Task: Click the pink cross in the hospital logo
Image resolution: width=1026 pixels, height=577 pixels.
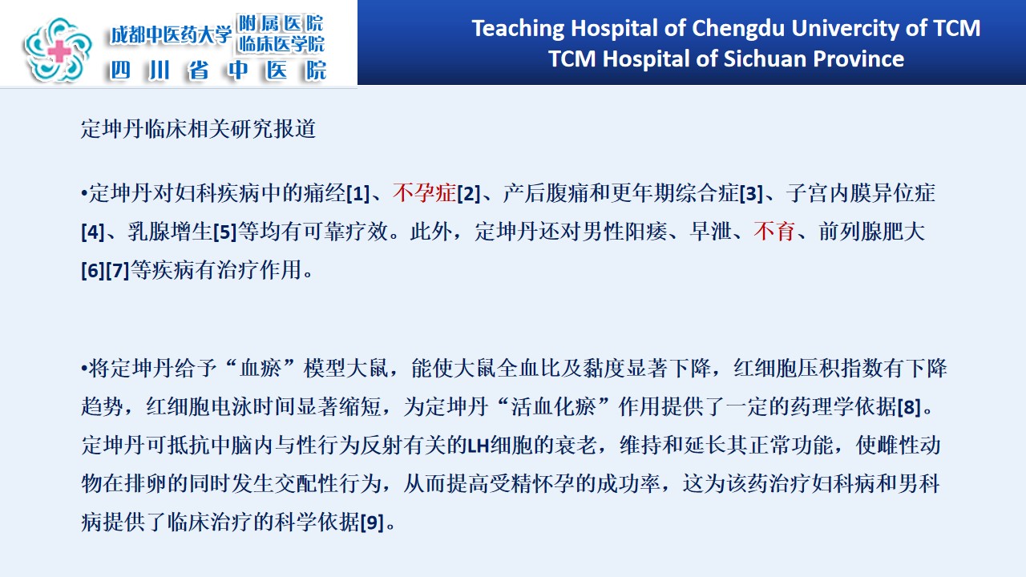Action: (x=59, y=51)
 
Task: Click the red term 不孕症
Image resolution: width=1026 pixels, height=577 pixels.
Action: (x=425, y=193)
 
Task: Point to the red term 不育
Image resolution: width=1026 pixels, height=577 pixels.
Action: (x=774, y=232)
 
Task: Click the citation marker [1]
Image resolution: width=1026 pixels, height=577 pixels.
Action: (x=357, y=194)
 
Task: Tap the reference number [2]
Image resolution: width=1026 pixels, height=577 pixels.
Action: (x=469, y=194)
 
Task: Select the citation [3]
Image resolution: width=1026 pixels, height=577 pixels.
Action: (x=751, y=194)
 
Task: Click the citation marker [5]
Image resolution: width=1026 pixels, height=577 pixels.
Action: (x=225, y=232)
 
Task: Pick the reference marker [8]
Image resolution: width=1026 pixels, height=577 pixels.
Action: (x=909, y=407)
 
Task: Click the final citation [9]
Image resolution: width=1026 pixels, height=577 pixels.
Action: (x=372, y=523)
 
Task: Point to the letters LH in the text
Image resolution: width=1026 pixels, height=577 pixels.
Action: (x=478, y=446)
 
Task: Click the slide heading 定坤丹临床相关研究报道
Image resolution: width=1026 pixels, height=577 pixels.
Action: (x=198, y=129)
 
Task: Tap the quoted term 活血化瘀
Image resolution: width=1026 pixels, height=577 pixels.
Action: (x=553, y=406)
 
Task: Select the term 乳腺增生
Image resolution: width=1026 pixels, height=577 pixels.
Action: (x=170, y=232)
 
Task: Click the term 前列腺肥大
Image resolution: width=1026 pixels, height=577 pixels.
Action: (x=871, y=232)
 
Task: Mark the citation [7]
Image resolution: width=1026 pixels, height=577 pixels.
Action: (x=117, y=271)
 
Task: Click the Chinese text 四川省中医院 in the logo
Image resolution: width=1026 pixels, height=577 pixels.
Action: (x=218, y=71)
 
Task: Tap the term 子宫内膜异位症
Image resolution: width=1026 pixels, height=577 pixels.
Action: (x=861, y=193)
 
